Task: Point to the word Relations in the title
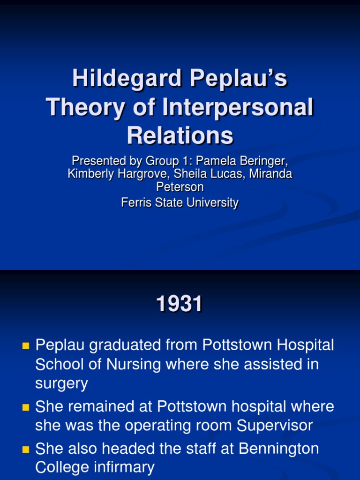[180, 135]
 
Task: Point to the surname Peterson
[180, 187]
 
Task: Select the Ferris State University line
[180, 202]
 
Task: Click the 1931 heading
[180, 305]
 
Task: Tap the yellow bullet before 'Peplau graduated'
[26, 347]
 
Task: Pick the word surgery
[61, 384]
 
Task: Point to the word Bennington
[279, 449]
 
